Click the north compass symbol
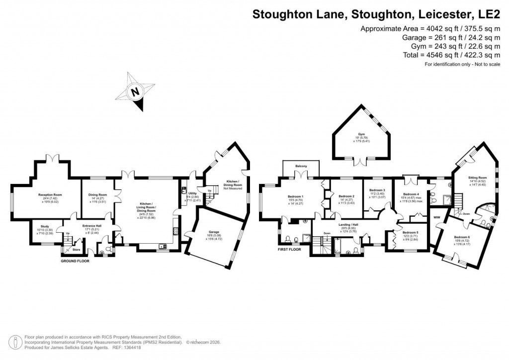(135, 92)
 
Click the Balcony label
(300, 166)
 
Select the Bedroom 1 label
(296, 196)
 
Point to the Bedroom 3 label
(377, 190)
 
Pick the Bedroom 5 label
(411, 233)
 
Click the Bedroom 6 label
(462, 237)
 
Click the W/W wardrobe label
(437, 217)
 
